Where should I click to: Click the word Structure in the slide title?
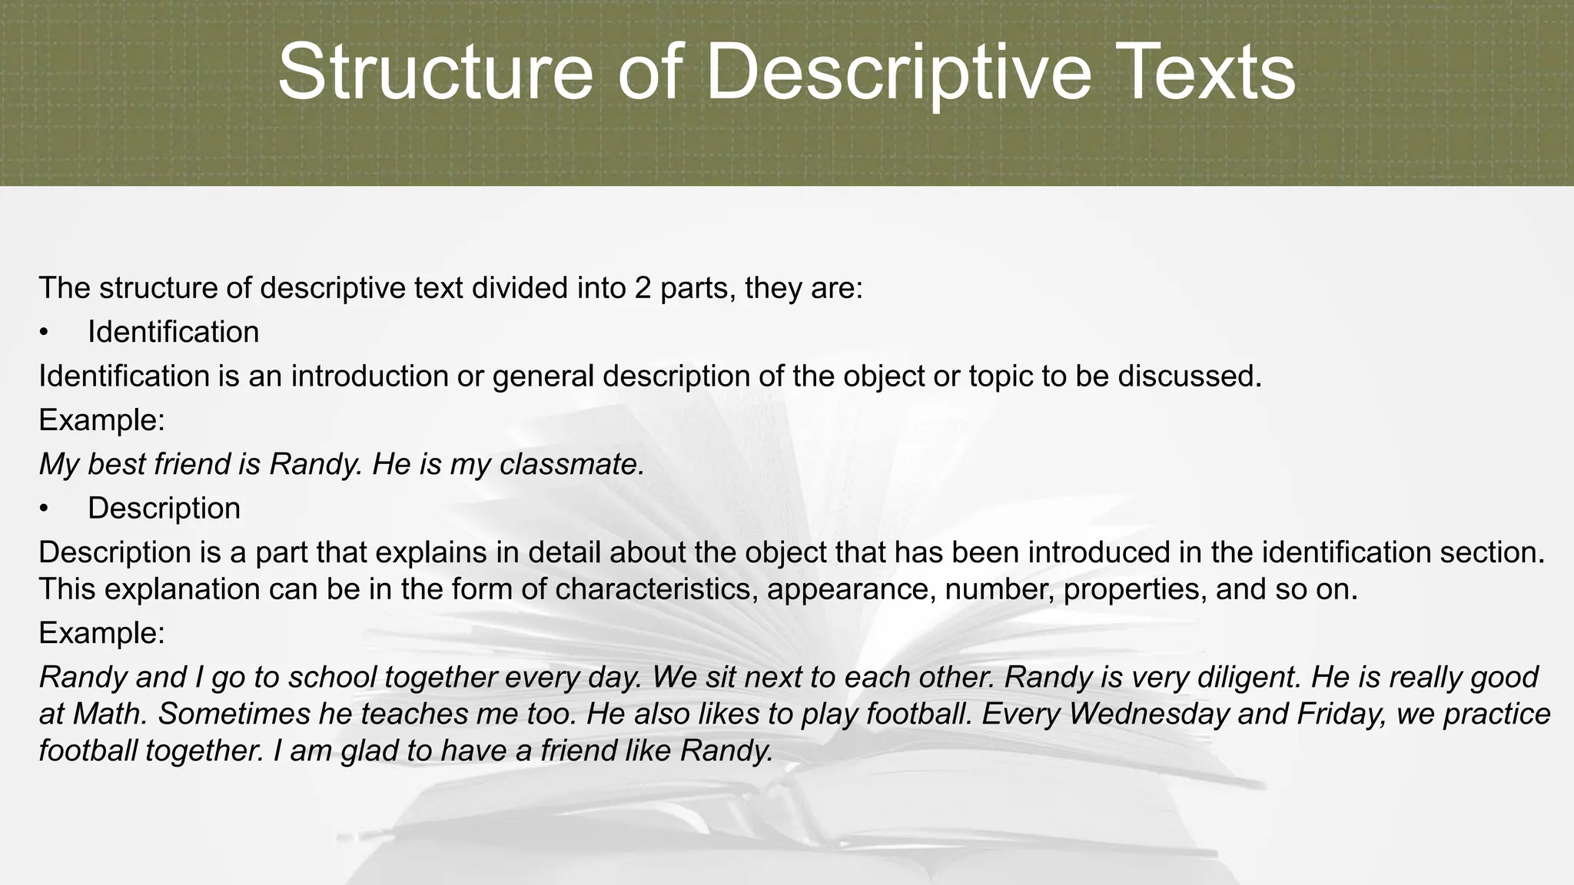pyautogui.click(x=435, y=73)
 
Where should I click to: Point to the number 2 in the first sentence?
pyautogui.click(x=643, y=288)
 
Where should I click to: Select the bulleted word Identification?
pyautogui.click(x=173, y=332)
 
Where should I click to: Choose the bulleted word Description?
pyautogui.click(x=164, y=508)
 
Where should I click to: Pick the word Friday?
pyautogui.click(x=1341, y=714)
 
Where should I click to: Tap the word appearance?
pyautogui.click(x=849, y=589)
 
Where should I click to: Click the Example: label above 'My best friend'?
pyautogui.click(x=101, y=420)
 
